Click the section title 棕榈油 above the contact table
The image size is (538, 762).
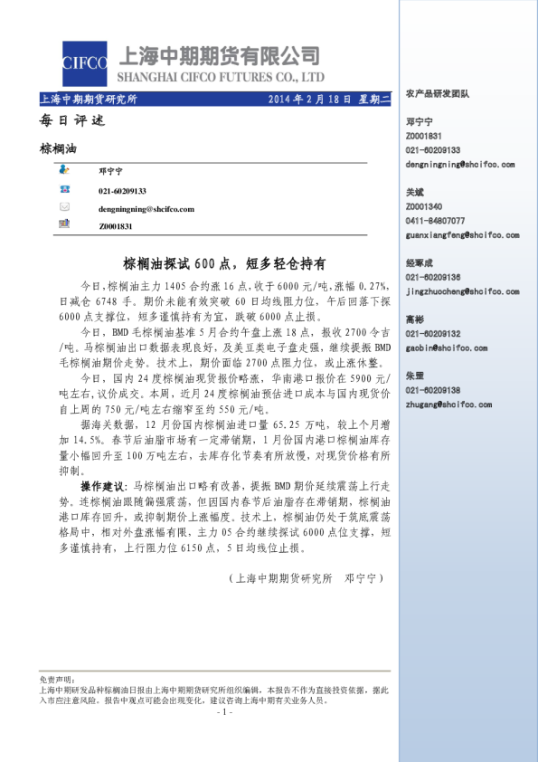pos(59,148)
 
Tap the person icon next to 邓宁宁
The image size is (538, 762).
pos(65,170)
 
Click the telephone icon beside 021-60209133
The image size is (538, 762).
pos(65,189)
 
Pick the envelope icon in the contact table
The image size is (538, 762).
pos(65,207)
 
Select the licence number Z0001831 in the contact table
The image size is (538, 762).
pos(116,224)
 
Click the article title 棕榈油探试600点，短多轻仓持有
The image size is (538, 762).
pos(223,263)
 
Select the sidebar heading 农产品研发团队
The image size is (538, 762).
pos(438,93)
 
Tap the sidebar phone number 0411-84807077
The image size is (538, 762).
pos(436,221)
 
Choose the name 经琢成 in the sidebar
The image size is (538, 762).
pos(420,263)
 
